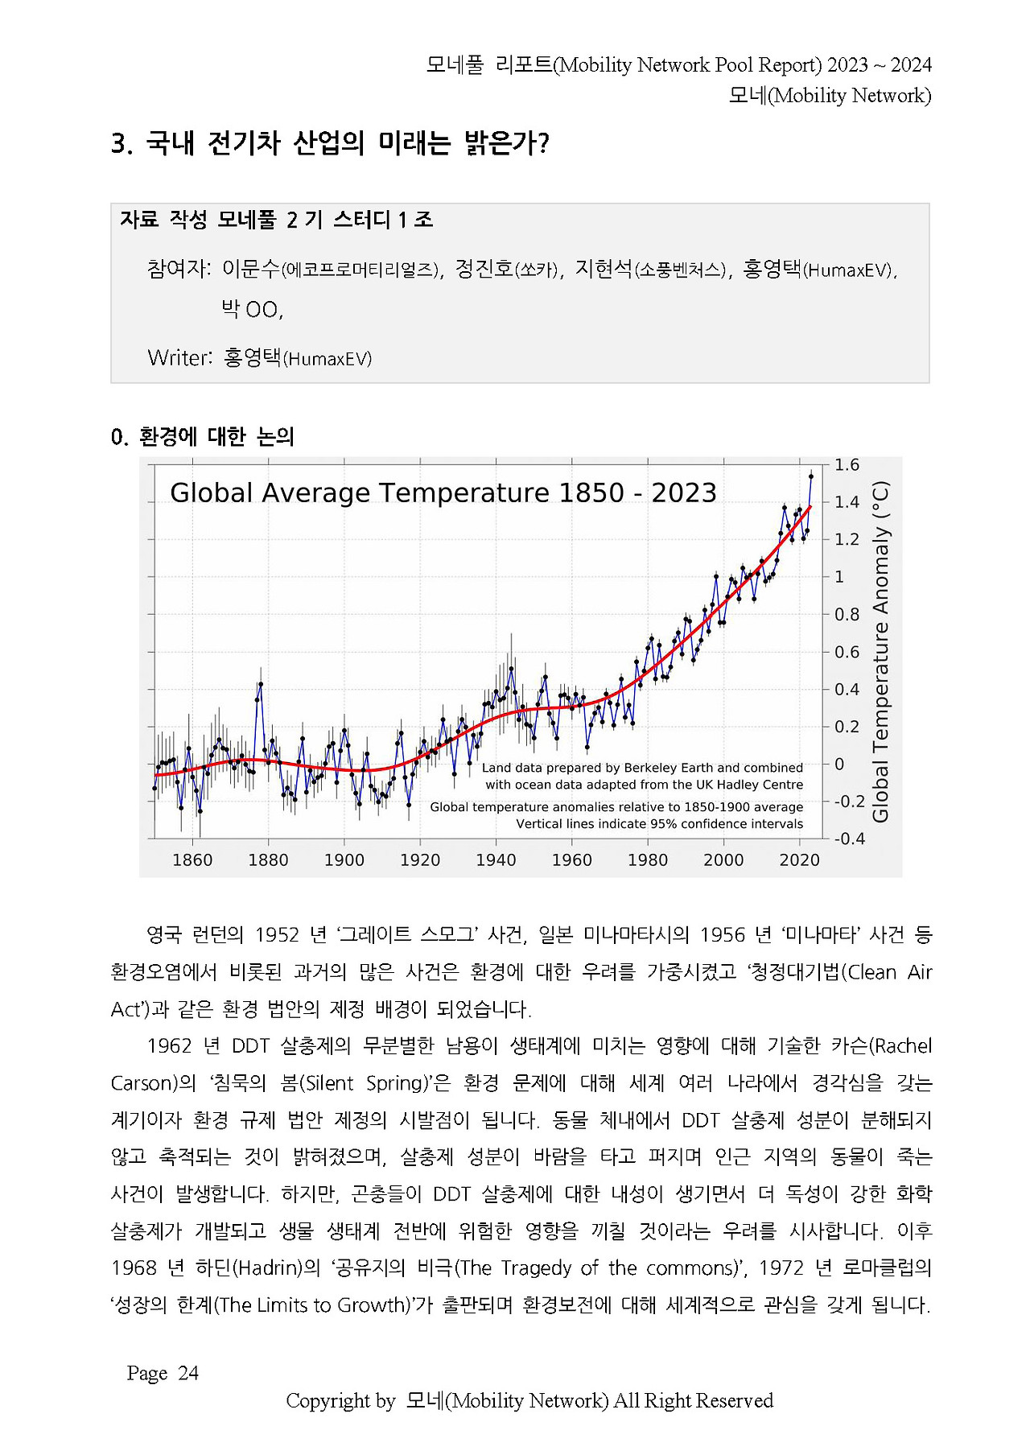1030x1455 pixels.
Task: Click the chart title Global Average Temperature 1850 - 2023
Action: [x=443, y=493]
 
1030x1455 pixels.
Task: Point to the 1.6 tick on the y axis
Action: [x=847, y=465]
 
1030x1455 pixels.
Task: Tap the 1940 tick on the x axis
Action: [x=496, y=860]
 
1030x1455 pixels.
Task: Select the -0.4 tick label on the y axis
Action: [x=849, y=839]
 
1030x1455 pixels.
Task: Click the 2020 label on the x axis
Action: [x=799, y=860]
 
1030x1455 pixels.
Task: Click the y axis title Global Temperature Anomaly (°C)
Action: [x=881, y=652]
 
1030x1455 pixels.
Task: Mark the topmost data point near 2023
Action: [x=811, y=476]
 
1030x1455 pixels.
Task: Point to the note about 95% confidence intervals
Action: [x=659, y=824]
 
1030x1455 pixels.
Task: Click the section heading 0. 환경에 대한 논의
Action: [x=203, y=437]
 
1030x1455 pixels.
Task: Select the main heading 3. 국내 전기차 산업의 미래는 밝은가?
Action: [x=330, y=144]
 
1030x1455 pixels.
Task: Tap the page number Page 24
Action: [x=163, y=1373]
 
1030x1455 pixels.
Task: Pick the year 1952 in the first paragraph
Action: [x=277, y=934]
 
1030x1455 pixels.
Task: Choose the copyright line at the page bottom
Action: [x=529, y=1401]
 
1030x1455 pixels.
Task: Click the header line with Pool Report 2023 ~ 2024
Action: [x=678, y=65]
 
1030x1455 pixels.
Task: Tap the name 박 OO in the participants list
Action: [x=252, y=309]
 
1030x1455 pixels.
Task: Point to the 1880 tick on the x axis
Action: [x=268, y=860]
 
